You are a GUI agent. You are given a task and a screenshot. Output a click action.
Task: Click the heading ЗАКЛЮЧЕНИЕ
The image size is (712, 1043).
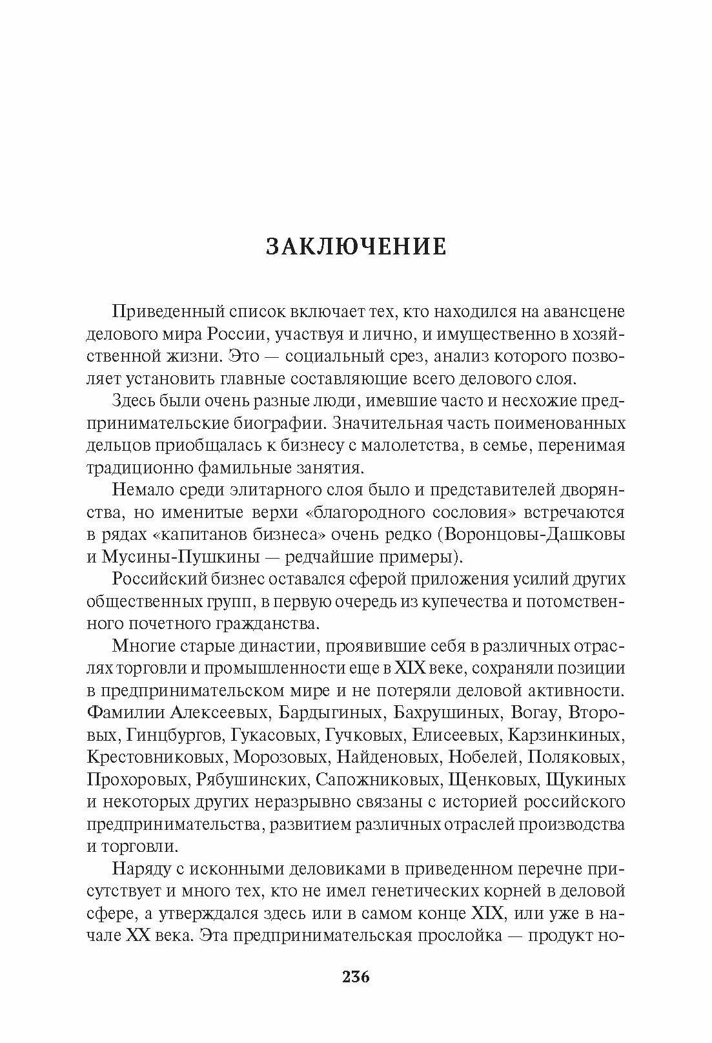356,247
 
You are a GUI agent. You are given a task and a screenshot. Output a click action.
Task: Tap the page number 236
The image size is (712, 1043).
356,976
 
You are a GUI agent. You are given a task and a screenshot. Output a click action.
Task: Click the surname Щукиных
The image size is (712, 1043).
585,780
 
